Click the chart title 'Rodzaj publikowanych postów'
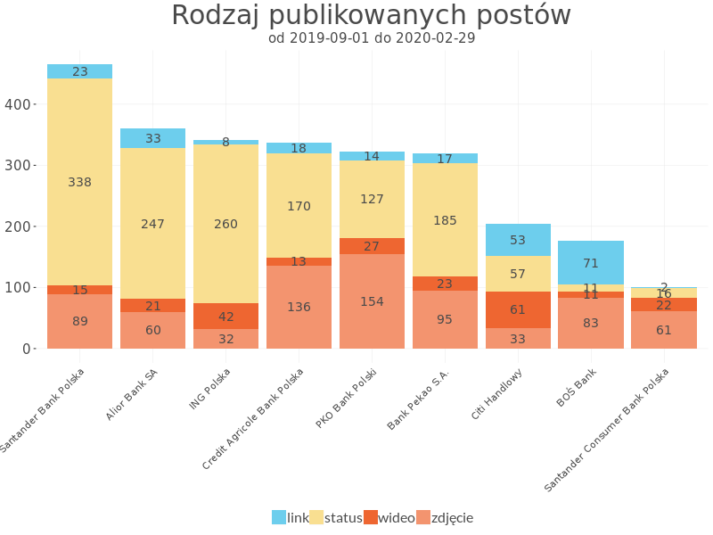tap(371, 16)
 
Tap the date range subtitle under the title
tap(371, 38)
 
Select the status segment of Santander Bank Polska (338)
tap(80, 182)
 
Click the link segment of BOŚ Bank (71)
tap(591, 263)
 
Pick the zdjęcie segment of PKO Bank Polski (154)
tap(372, 301)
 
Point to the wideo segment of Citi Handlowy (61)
tap(518, 309)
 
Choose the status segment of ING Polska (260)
tap(225, 224)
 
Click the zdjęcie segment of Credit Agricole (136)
tap(299, 307)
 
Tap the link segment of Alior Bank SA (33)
tap(153, 138)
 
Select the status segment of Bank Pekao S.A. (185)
tap(445, 220)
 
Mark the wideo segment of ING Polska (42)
tap(225, 317)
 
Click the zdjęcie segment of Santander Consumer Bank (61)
tap(664, 330)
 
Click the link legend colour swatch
tap(279, 517)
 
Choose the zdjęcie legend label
tap(452, 517)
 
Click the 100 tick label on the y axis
tap(17, 288)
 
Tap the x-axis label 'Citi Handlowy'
tap(498, 393)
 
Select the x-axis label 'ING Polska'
tap(210, 389)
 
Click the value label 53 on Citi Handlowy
tap(518, 240)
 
